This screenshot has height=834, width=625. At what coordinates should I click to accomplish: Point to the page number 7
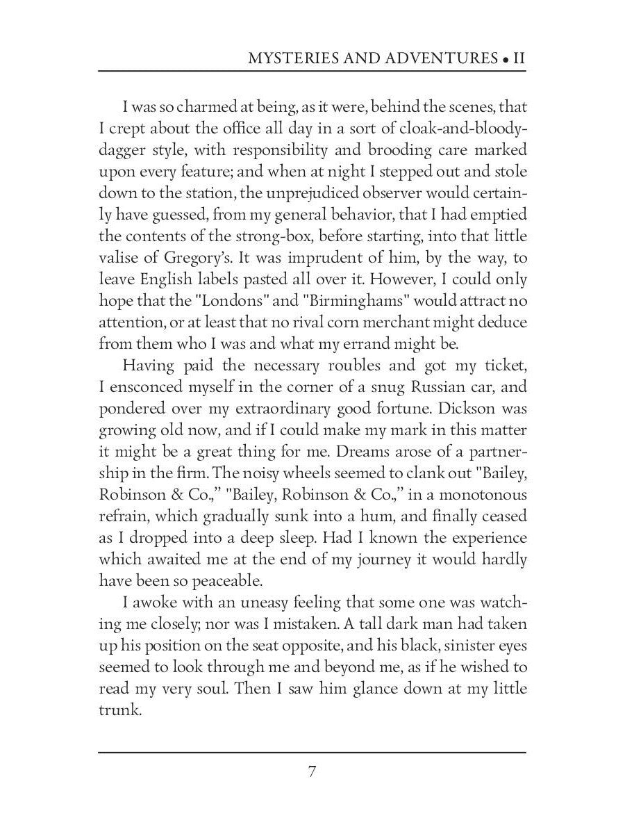[x=312, y=772]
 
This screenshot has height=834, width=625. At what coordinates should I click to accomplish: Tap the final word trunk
[x=120, y=710]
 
